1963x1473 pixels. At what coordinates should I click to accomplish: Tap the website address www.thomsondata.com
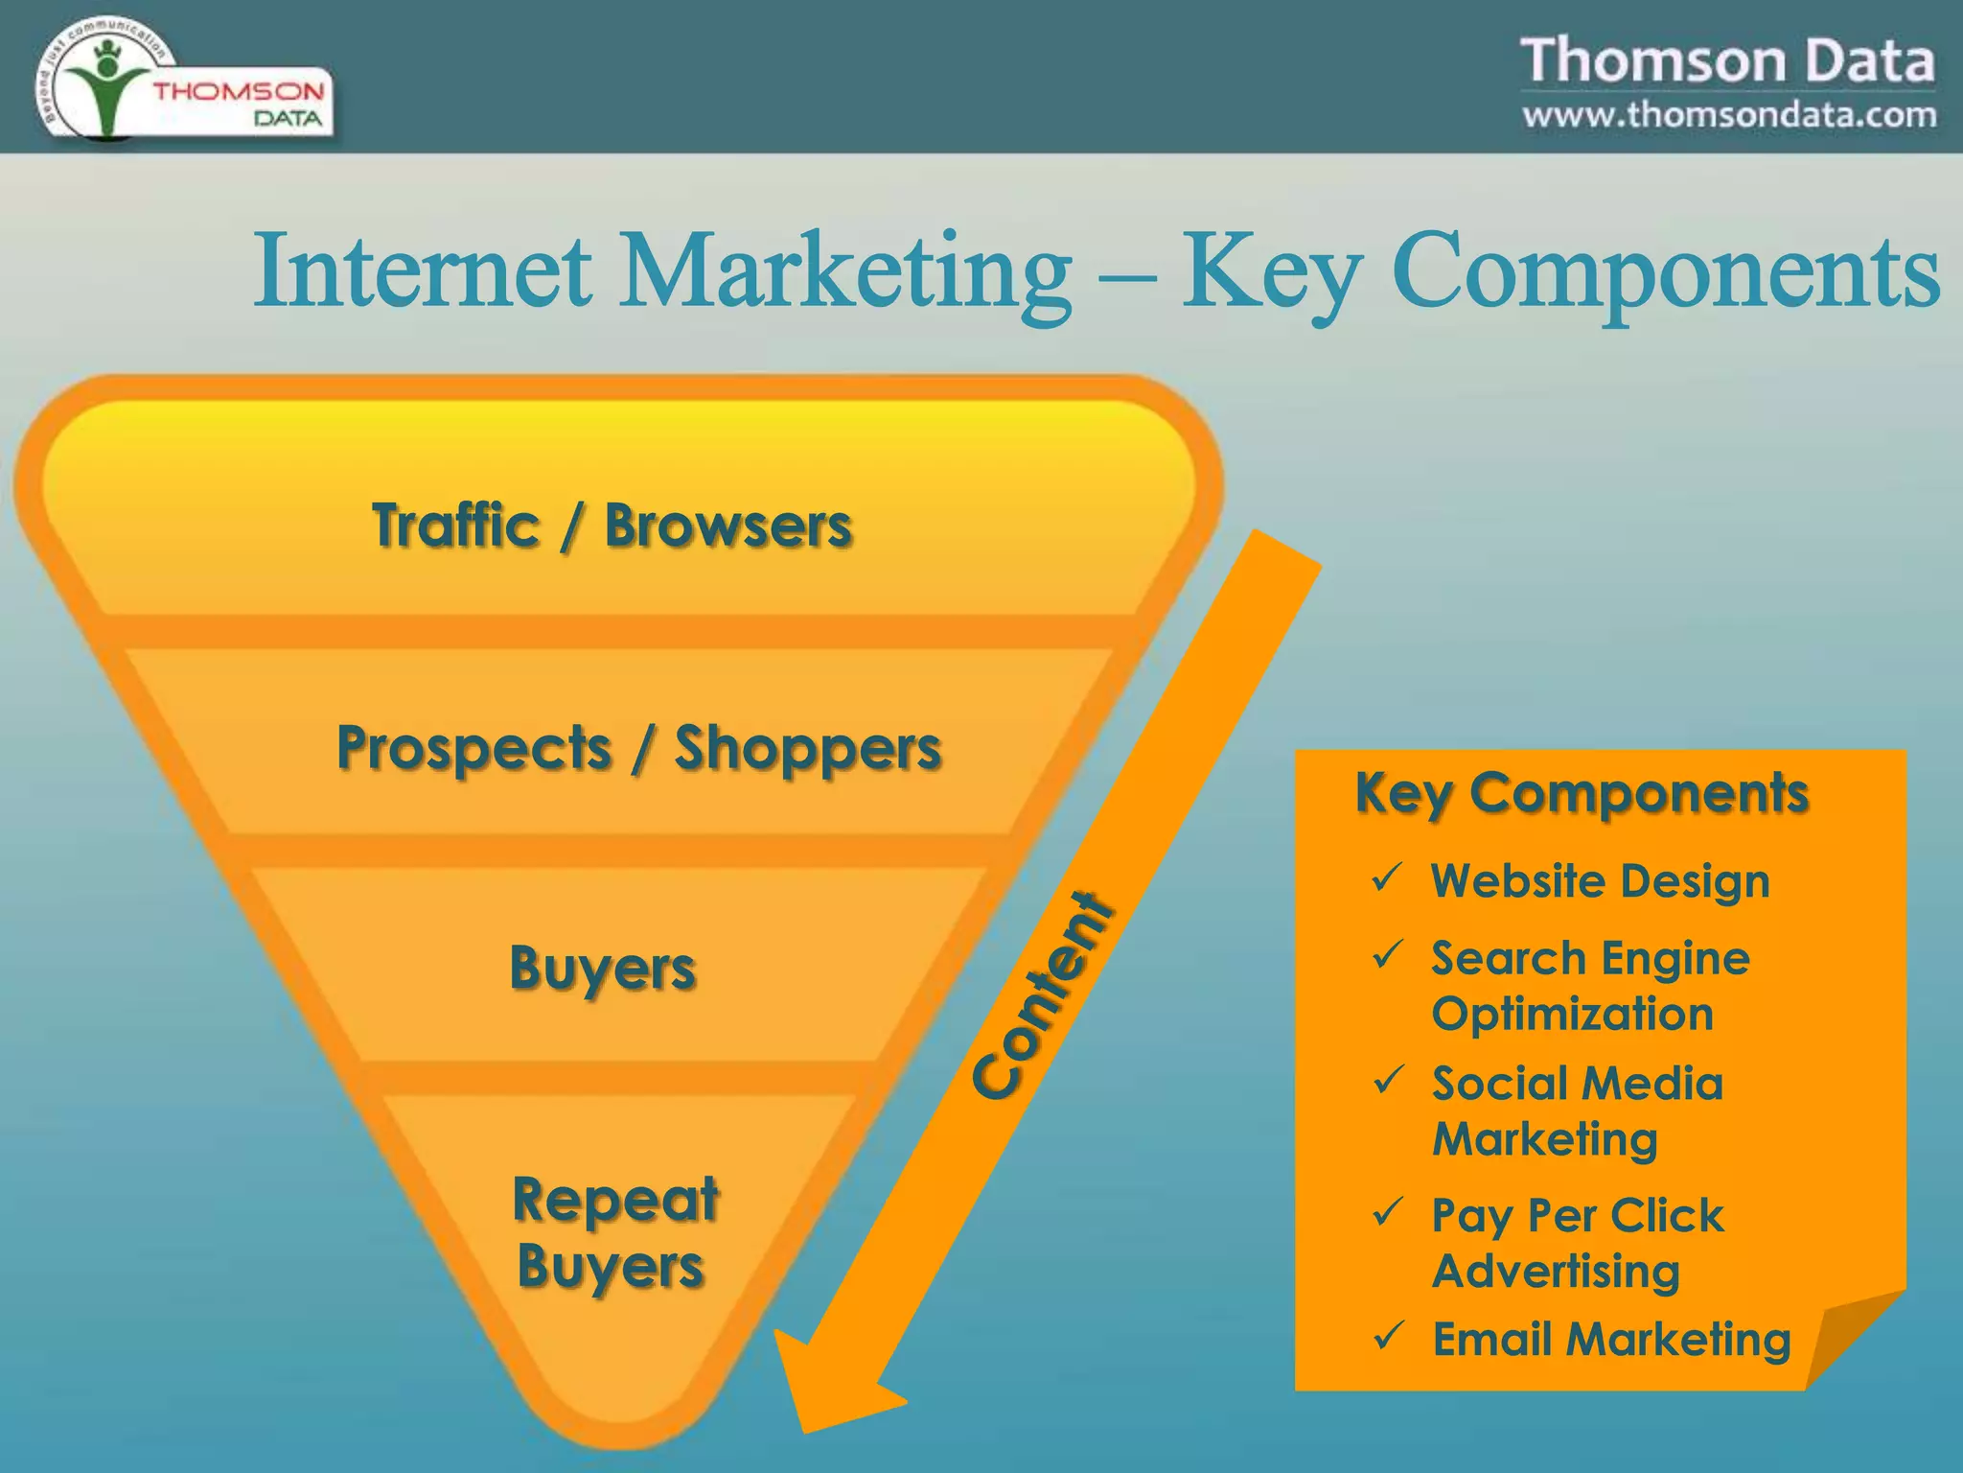click(x=1729, y=115)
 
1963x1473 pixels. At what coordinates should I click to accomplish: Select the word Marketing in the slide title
click(x=845, y=272)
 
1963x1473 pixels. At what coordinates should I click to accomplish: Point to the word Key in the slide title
click(x=1269, y=272)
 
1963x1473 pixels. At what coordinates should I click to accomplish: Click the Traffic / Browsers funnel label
click(x=612, y=526)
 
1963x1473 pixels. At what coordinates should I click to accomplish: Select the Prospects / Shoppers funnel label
click(x=638, y=748)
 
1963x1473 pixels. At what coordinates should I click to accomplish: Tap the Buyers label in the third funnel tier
click(x=602, y=968)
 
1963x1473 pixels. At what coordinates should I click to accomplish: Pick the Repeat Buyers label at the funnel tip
click(x=614, y=1232)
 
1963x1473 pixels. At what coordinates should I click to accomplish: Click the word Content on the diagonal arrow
click(x=1043, y=995)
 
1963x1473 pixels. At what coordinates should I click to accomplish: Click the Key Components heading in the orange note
click(x=1582, y=793)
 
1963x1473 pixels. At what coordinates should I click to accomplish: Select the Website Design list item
click(x=1600, y=880)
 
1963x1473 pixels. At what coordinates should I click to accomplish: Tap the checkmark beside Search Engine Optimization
click(x=1387, y=955)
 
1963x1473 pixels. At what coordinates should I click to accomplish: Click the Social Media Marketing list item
click(x=1577, y=1111)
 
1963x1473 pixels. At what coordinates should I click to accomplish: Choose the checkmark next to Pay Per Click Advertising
click(x=1387, y=1212)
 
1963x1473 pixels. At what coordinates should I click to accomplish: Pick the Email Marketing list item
click(x=1611, y=1339)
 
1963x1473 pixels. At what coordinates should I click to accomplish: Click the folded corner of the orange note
click(x=1855, y=1338)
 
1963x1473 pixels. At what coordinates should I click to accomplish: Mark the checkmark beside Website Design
click(x=1387, y=877)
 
